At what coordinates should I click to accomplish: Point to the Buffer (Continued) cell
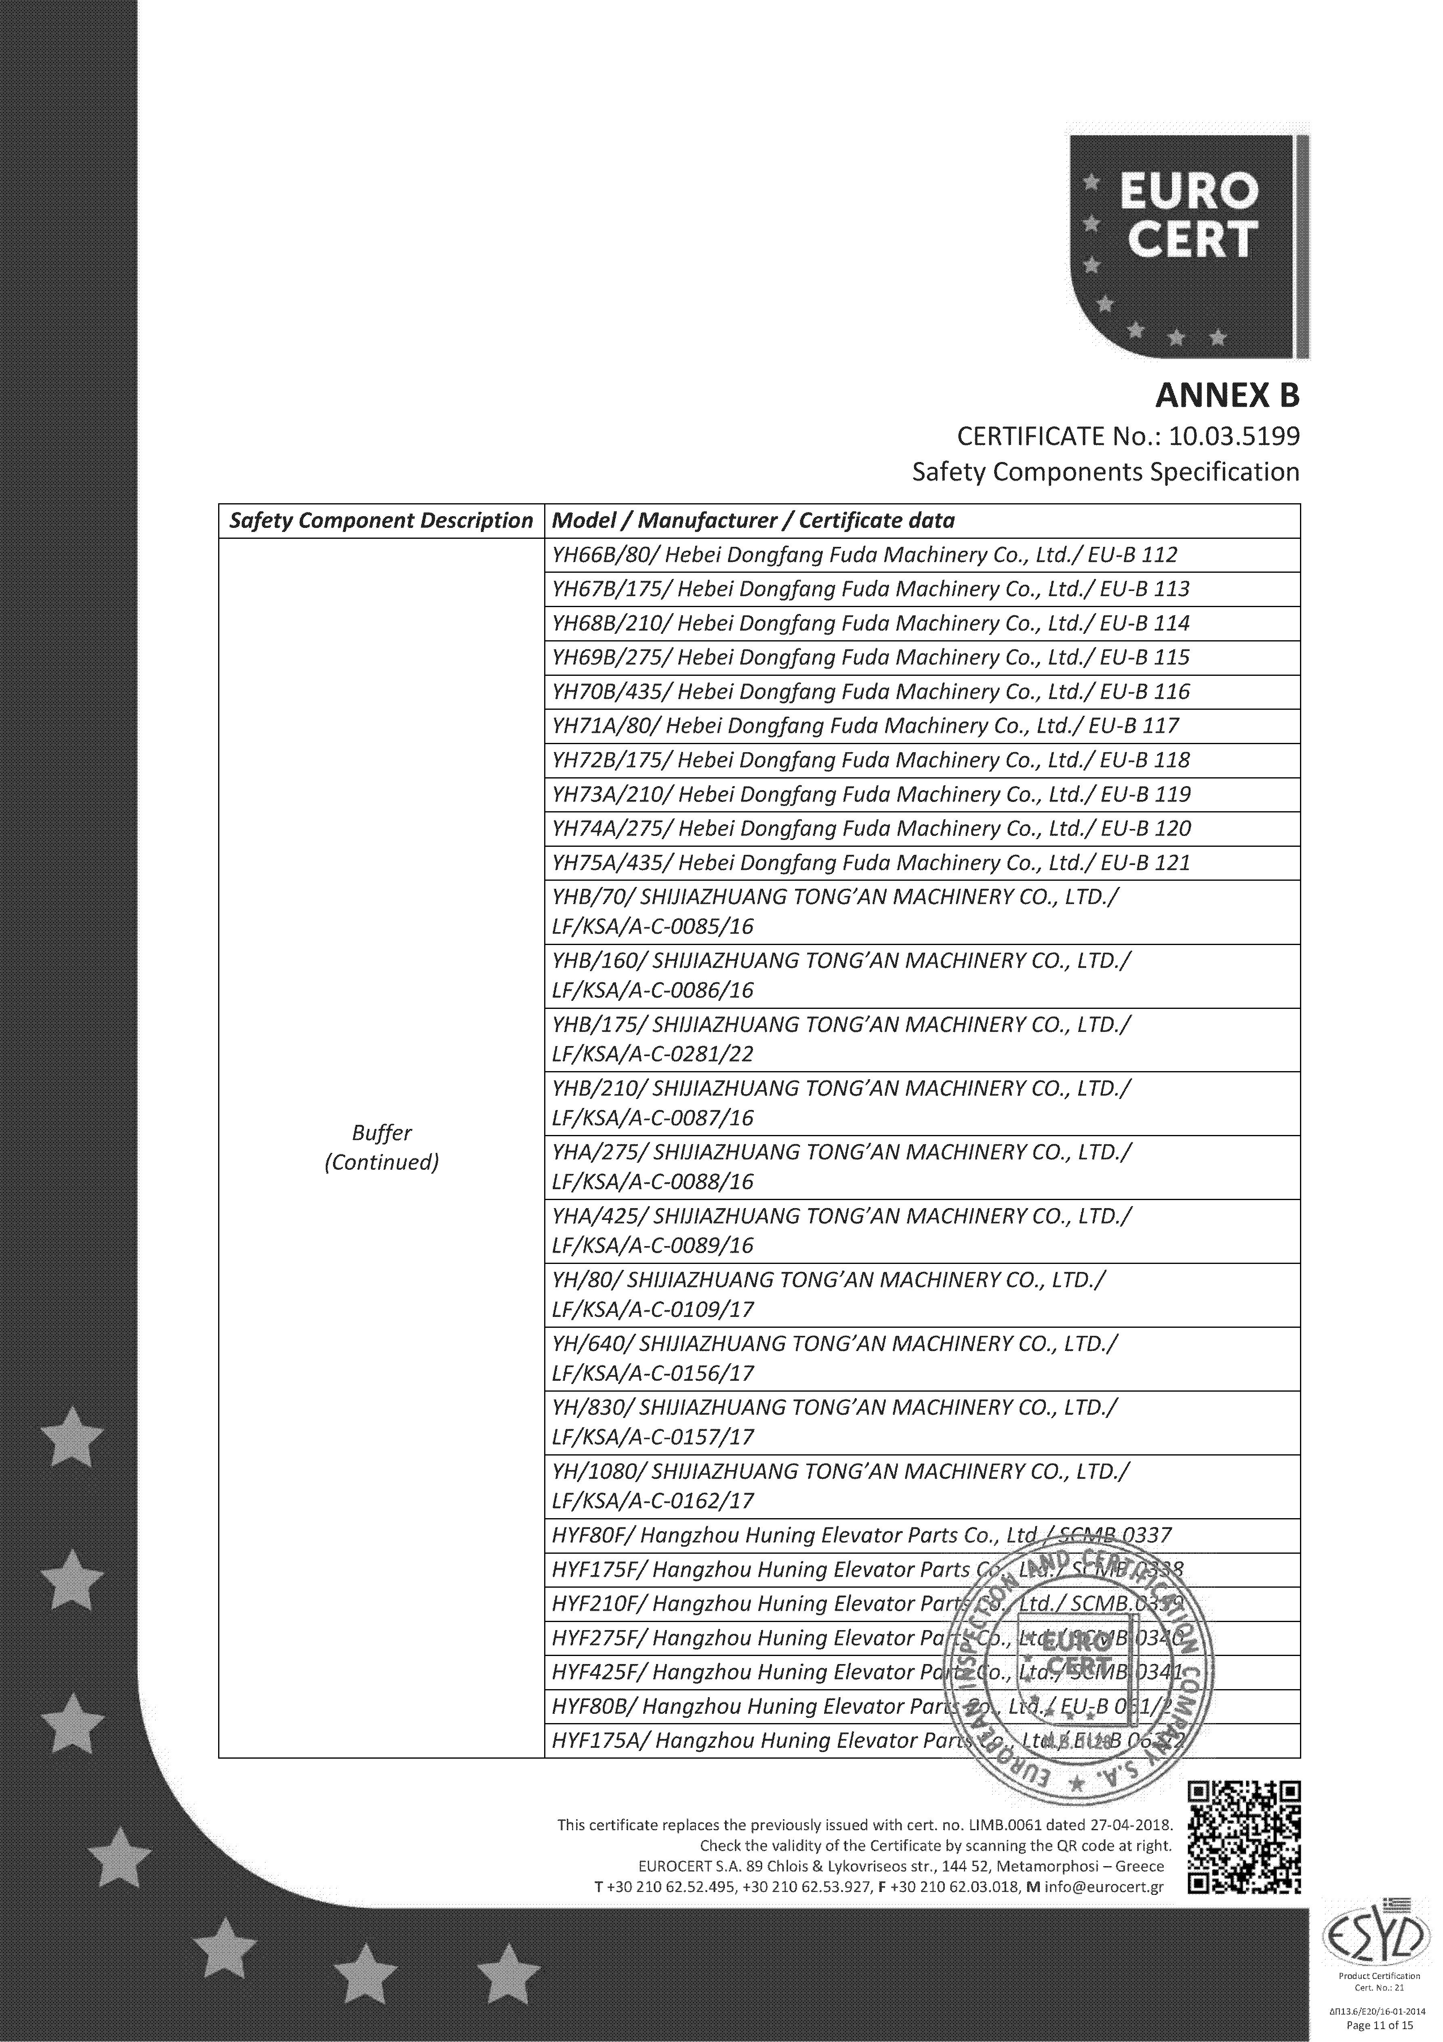pos(381,1147)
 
